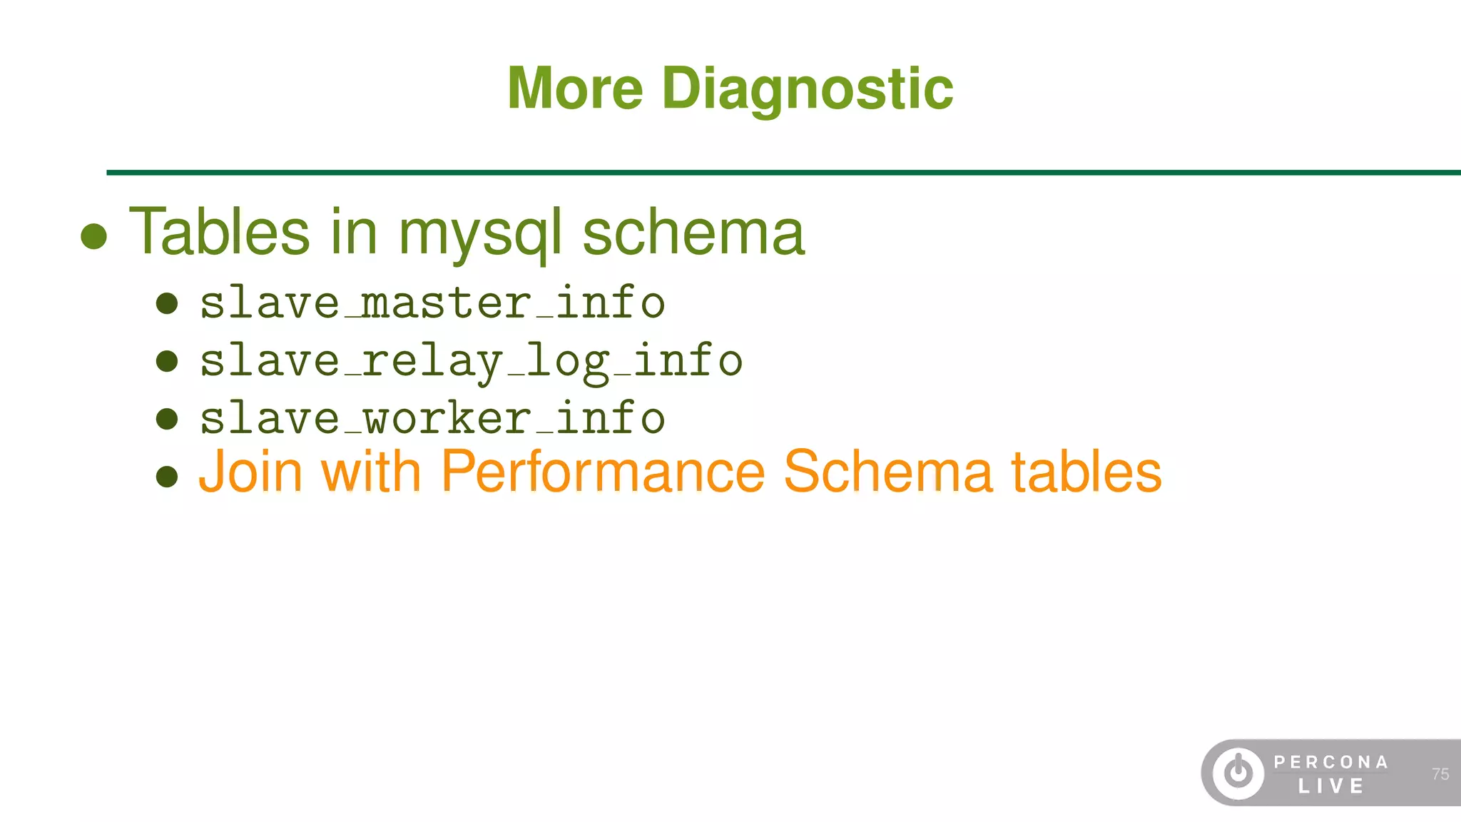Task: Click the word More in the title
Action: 575,88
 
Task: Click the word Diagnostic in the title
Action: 808,90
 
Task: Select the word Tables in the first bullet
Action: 219,231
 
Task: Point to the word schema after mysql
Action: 693,233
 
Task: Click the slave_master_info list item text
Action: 432,303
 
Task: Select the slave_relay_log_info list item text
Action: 471,361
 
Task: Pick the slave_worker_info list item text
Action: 432,418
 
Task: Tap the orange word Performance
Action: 603,472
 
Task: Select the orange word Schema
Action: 887,472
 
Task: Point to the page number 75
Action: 1440,774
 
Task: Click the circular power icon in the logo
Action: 1238,773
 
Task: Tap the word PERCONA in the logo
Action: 1330,762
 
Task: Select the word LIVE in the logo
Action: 1330,786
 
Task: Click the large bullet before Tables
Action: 94,236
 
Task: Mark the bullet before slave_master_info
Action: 167,303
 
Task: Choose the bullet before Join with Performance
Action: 167,476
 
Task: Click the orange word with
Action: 371,472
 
